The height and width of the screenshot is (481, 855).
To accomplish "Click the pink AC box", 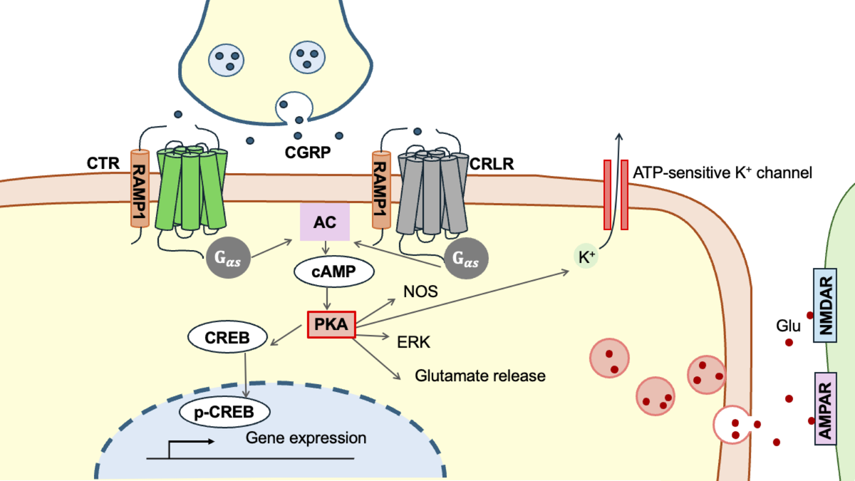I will pos(325,221).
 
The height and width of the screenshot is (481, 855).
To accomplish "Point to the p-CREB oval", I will pos(224,411).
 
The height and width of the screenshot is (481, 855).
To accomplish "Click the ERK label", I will pos(410,342).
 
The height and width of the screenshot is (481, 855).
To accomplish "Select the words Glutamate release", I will pos(480,376).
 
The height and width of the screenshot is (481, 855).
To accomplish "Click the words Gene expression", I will pos(306,438).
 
